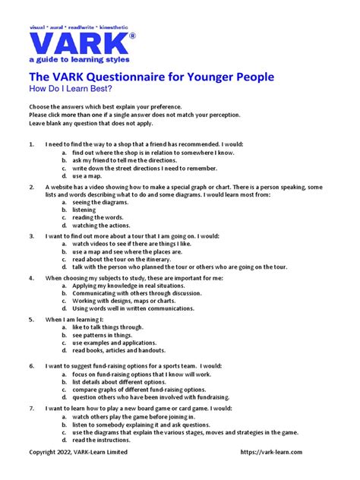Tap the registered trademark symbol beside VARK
pos(132,36)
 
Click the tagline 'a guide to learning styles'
pos(79,59)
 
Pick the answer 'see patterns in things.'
pos(103,335)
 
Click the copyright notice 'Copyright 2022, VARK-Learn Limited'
pos(78,452)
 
